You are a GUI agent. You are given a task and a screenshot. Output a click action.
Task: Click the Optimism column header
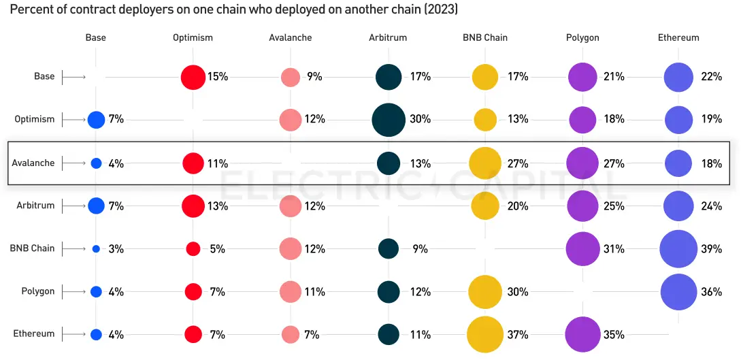193,37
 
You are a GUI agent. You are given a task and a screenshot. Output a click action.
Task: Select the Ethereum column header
678,37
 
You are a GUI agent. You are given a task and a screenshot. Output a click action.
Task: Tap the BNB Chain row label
32,248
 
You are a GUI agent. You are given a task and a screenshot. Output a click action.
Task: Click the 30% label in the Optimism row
420,120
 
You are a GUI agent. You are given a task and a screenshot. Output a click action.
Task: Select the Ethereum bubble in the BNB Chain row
678,248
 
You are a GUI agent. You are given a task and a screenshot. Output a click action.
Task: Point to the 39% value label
711,249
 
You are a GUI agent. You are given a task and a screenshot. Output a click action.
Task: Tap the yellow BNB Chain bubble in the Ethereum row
485,334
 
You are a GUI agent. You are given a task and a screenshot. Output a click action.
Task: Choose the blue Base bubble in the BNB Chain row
96,249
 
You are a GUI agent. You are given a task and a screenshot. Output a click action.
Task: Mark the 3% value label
116,249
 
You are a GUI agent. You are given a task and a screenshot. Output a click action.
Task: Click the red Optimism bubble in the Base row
193,77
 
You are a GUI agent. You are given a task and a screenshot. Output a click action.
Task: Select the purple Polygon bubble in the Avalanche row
582,163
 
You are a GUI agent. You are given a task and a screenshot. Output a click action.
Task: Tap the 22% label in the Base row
711,77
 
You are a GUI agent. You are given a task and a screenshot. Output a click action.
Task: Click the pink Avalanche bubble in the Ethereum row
291,334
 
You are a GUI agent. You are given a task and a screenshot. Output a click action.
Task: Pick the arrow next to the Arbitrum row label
73,206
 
